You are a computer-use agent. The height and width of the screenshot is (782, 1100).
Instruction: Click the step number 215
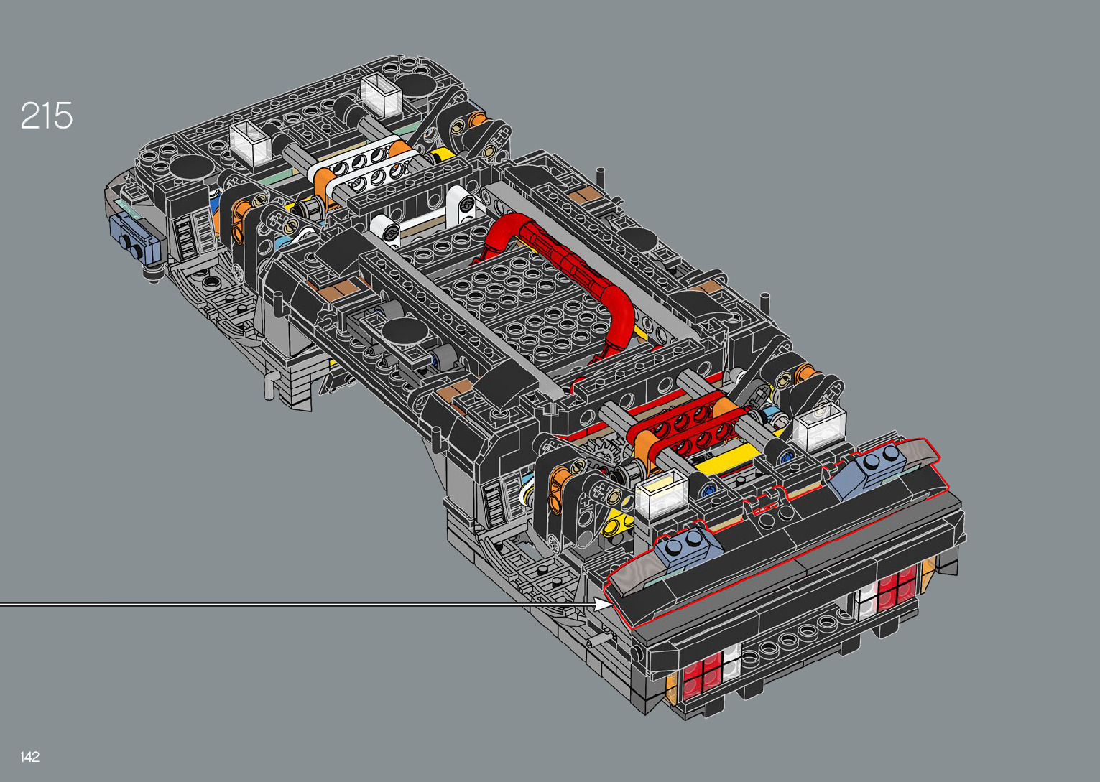[47, 116]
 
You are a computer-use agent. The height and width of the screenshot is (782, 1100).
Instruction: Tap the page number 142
[29, 756]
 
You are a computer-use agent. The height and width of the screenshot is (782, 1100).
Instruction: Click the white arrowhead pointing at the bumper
[603, 604]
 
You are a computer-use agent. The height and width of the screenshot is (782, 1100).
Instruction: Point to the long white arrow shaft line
[297, 605]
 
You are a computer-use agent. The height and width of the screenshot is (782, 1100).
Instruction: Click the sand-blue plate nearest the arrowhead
[687, 544]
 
